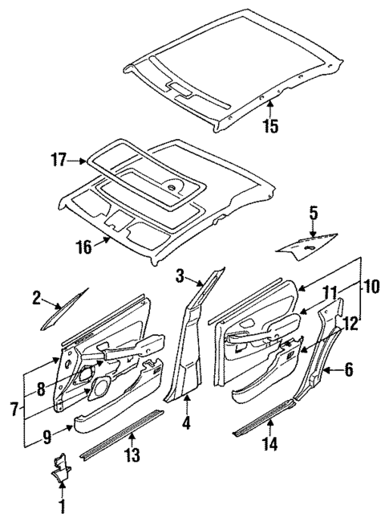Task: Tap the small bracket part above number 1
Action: click(61, 471)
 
